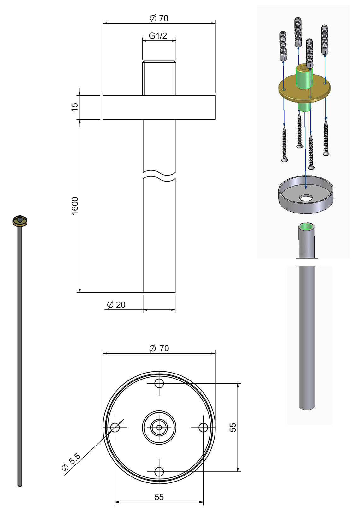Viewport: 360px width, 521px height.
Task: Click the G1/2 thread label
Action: point(158,36)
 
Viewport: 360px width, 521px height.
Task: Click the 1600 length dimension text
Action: point(75,206)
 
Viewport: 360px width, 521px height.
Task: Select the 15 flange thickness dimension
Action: point(75,107)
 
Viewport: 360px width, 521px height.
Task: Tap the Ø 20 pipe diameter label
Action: point(116,305)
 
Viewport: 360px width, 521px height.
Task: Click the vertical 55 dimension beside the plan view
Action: point(233,428)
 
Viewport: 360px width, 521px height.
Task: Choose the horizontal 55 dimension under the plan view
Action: point(159,497)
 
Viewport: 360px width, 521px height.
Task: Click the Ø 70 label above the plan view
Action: point(159,348)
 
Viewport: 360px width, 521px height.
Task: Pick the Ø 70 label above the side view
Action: point(159,18)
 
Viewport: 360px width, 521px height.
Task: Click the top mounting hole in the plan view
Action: point(159,384)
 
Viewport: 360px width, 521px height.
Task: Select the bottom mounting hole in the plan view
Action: point(159,472)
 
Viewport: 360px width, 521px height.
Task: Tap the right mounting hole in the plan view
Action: point(203,428)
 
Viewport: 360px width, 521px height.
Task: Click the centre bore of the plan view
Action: point(159,428)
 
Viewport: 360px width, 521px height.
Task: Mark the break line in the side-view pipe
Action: point(159,176)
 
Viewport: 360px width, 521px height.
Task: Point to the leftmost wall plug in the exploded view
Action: point(283,46)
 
